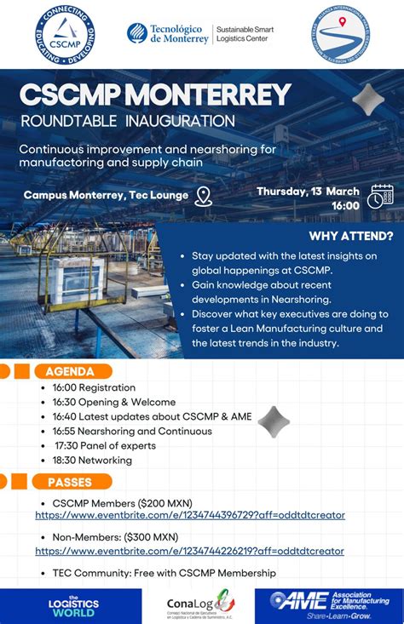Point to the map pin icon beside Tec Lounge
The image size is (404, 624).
[x=203, y=197]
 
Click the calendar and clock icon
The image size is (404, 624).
[x=380, y=197]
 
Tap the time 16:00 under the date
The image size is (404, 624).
[x=345, y=205]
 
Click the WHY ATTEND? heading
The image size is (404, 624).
[x=351, y=236]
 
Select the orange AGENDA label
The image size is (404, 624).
[x=71, y=371]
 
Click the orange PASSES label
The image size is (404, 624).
[x=71, y=482]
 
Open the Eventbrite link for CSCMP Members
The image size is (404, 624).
[x=190, y=515]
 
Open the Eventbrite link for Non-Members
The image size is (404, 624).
[x=189, y=551]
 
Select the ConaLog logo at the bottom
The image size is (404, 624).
[x=200, y=606]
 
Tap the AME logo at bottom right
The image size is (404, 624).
[x=329, y=604]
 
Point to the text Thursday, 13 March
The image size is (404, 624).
[x=308, y=192]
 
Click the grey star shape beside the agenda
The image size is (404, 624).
[x=274, y=421]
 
